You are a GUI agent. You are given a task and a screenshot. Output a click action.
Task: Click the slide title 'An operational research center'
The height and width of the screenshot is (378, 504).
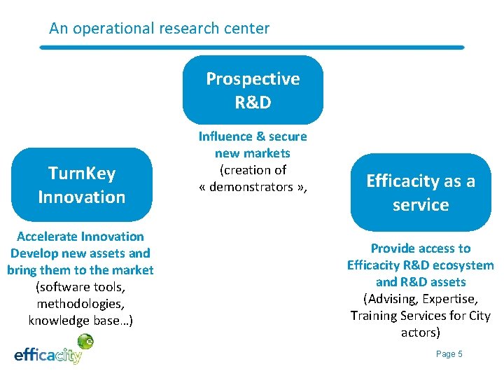click(159, 29)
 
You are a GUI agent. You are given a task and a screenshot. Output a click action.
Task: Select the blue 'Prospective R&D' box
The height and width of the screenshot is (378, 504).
click(253, 90)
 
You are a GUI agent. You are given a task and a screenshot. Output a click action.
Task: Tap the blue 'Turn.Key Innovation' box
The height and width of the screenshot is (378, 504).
click(82, 185)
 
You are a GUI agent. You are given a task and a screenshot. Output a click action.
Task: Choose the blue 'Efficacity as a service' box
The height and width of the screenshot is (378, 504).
click(421, 192)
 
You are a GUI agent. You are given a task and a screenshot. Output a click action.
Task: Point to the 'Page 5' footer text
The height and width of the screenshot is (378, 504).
click(449, 354)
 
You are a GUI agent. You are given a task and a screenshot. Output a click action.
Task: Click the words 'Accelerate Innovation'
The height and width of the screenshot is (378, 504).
click(80, 237)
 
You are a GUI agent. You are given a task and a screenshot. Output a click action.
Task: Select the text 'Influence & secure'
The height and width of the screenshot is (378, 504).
click(253, 136)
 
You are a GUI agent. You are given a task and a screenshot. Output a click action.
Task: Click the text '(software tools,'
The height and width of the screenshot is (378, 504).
click(80, 287)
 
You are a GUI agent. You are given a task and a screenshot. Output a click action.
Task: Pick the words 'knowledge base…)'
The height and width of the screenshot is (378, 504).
click(80, 321)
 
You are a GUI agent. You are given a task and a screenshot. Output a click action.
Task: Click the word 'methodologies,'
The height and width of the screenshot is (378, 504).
click(80, 304)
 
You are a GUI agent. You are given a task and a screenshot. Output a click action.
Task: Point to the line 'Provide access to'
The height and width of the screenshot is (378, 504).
click(421, 248)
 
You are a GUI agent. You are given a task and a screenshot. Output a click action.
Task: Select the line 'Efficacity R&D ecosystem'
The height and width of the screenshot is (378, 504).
click(421, 265)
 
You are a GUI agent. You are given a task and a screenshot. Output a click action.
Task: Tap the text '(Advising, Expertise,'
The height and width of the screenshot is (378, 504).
click(421, 299)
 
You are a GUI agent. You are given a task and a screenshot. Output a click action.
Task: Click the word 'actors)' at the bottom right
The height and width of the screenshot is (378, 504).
click(421, 332)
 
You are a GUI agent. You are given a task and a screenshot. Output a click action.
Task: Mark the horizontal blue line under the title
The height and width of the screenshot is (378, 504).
click(252, 48)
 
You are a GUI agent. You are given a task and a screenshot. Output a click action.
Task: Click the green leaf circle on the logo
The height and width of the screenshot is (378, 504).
click(85, 341)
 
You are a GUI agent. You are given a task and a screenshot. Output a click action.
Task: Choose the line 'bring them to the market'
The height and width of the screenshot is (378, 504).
click(80, 270)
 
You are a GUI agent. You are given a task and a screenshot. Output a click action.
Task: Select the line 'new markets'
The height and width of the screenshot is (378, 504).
click(253, 153)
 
